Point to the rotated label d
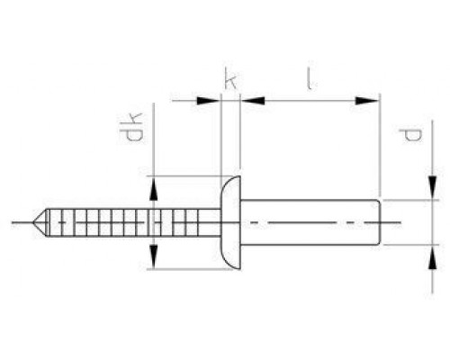pyautogui.click(x=411, y=137)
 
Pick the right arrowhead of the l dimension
pyautogui.click(x=368, y=101)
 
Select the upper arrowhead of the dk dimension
pyautogui.click(x=156, y=186)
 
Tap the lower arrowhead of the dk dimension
pyautogui.click(x=156, y=257)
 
